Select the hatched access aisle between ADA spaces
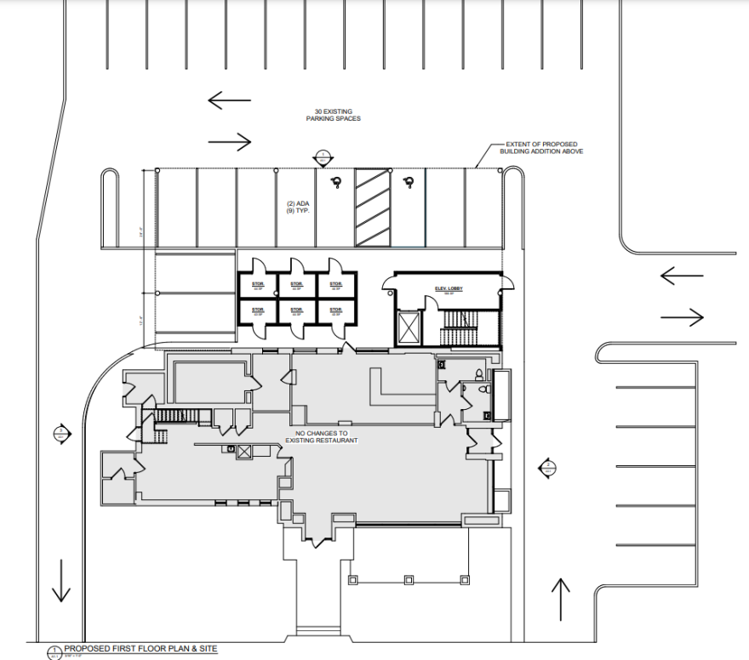tap(372, 208)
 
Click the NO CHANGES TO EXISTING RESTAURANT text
tap(323, 436)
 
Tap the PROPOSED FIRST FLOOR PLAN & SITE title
tap(140, 649)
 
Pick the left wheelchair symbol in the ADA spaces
tap(336, 180)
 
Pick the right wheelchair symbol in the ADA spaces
tap(409, 180)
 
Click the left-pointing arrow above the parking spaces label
tap(230, 100)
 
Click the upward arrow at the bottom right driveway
tap(560, 599)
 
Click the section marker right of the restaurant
tap(547, 467)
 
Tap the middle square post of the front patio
tap(409, 580)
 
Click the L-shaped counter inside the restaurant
tap(400, 387)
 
